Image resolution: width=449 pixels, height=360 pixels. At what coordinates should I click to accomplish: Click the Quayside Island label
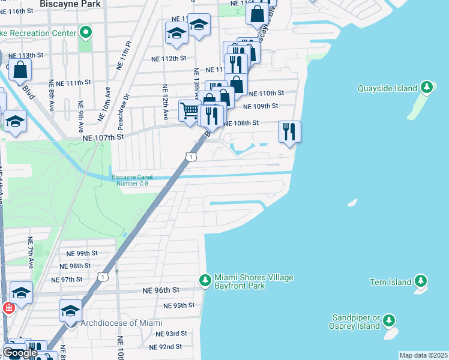(387, 88)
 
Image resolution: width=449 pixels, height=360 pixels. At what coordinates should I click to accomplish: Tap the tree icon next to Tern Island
(421, 281)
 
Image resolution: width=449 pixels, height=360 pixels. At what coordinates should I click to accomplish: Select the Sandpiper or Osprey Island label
(357, 322)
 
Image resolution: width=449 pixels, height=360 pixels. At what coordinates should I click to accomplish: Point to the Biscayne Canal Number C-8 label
(132, 180)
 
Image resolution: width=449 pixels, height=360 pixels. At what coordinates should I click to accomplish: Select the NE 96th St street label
(161, 290)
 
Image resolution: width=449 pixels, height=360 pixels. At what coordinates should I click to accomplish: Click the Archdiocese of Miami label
(117, 323)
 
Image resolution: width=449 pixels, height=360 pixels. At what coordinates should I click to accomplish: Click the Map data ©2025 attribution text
(423, 355)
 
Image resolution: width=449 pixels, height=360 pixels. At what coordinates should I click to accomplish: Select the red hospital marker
(8, 308)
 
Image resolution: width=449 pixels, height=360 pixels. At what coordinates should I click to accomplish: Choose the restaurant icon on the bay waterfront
(290, 131)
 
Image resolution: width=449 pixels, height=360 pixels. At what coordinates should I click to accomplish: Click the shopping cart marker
(190, 110)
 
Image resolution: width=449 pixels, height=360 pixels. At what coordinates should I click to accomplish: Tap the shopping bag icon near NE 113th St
(20, 70)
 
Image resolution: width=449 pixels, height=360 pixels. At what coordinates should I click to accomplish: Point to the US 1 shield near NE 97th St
(103, 276)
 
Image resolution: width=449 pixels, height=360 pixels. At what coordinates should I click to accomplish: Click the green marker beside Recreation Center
(86, 32)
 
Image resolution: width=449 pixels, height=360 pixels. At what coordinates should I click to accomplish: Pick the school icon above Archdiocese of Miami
(70, 311)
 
